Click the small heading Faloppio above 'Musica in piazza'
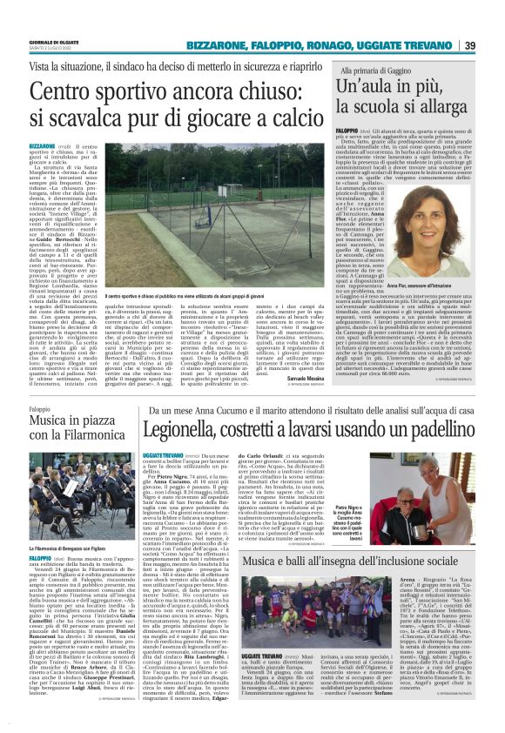pos(39,408)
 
